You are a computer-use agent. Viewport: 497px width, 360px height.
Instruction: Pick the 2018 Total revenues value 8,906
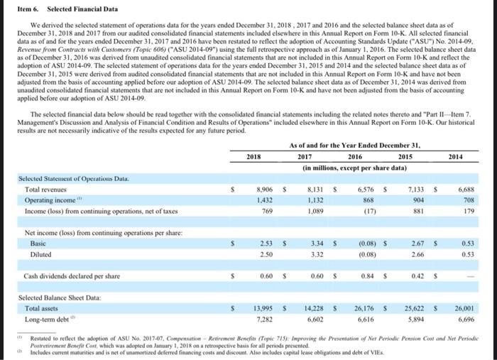click(263, 190)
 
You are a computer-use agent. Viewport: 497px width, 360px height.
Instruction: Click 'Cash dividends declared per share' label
click(62, 276)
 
